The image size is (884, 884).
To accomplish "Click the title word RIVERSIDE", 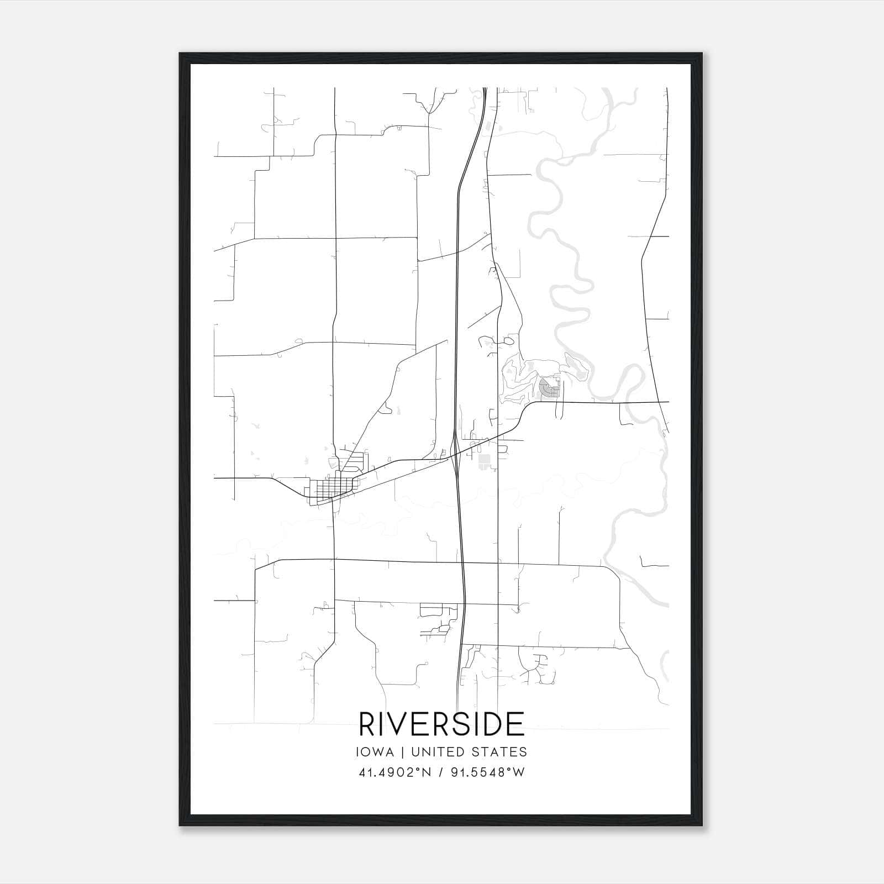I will [x=441, y=724].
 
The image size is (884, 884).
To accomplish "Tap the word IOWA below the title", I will [x=376, y=752].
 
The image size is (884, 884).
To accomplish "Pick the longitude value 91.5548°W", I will [x=487, y=772].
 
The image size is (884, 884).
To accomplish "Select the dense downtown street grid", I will [x=330, y=488].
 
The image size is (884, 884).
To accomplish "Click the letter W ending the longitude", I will [x=519, y=772].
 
